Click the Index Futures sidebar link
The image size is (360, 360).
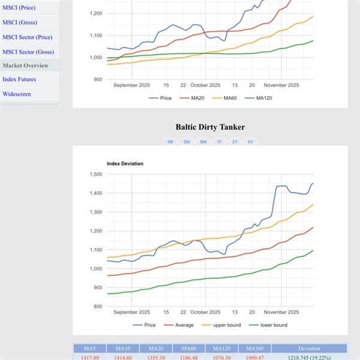[19, 79]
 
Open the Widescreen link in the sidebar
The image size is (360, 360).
[17, 94]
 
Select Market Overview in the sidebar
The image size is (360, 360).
[25, 65]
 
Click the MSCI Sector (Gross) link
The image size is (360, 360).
[28, 52]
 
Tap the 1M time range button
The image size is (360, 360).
[170, 142]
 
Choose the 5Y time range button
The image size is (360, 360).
[250, 142]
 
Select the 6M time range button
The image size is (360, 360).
[203, 142]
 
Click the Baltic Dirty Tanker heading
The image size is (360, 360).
[210, 127]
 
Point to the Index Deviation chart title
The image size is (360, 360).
[125, 163]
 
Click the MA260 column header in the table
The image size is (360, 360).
[254, 348]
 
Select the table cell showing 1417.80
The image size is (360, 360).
[89, 356]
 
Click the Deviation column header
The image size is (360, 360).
[308, 348]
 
